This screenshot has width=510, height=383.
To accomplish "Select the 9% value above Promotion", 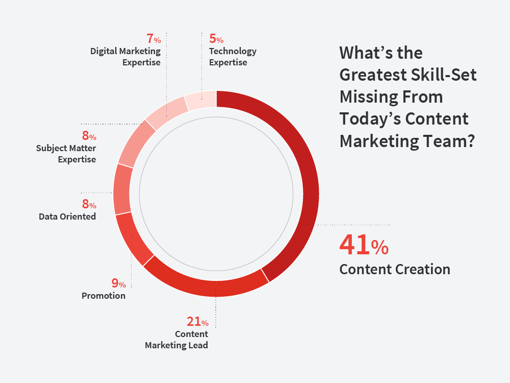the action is [119, 283].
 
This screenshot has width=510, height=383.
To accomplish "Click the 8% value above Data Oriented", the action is [89, 204].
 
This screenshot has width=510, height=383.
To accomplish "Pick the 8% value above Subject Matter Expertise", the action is [89, 135].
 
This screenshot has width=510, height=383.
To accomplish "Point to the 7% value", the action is [154, 38].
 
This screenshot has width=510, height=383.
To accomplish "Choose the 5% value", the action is [216, 38].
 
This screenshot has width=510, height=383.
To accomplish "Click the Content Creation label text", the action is [395, 269].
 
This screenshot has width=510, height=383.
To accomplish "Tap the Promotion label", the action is [104, 296].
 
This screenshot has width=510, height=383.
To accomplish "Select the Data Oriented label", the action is [67, 217].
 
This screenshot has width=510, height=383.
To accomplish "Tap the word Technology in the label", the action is [233, 52].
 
